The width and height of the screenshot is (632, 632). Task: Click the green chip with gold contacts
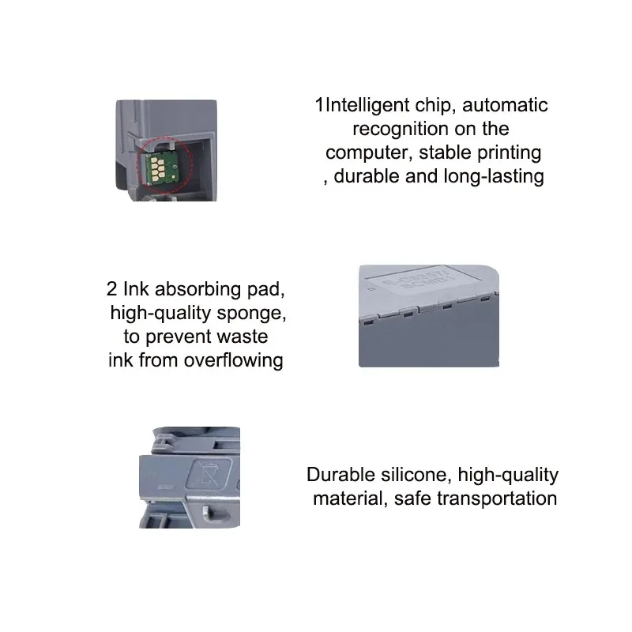pos(162,167)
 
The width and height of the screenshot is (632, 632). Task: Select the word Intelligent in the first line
pos(367,106)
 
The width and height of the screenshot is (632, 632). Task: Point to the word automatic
pos(505,105)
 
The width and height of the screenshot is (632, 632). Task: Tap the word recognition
pos(401,130)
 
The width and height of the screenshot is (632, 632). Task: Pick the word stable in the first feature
pos(445,152)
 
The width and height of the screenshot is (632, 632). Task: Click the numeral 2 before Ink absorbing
pos(111,289)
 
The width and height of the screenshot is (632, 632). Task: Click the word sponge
pos(251,314)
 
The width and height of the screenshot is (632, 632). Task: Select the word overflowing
pos(233,360)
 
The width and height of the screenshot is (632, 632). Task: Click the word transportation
pos(497,499)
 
